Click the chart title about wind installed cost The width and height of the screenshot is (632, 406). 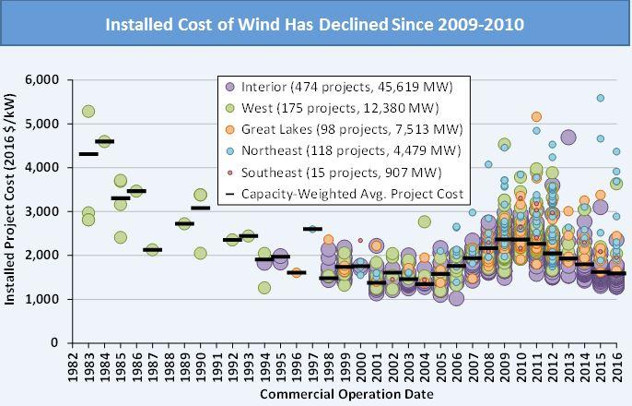pos(314,23)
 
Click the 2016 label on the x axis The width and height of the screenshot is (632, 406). pos(617,366)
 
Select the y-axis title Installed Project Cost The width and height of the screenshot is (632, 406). pos(12,212)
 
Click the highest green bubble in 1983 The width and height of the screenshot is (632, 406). pos(88,112)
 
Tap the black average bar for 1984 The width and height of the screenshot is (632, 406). pos(104,141)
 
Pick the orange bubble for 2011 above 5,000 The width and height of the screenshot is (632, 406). pos(536,117)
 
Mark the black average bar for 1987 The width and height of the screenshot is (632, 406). pos(153,249)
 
